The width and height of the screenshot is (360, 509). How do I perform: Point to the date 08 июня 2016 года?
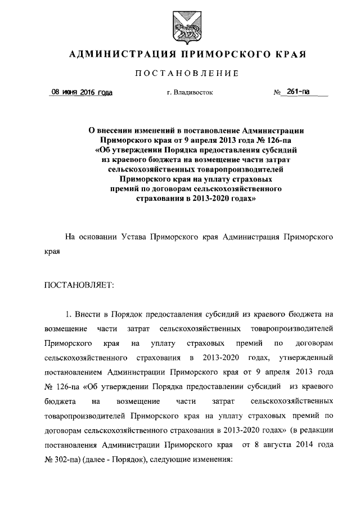tap(82, 92)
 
